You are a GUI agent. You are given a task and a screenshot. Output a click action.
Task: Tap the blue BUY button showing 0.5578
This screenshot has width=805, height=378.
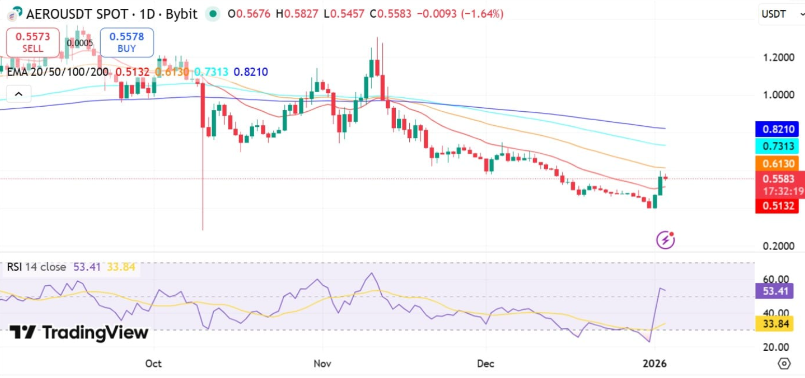tap(127, 42)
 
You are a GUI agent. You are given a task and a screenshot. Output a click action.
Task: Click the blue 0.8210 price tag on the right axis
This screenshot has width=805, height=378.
tap(779, 129)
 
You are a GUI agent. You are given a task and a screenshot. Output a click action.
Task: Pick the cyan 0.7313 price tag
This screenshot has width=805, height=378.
tap(779, 147)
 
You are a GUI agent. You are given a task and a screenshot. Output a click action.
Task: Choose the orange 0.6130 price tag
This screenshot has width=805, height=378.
tap(779, 164)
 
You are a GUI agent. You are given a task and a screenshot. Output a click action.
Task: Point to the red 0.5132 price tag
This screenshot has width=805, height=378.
tap(779, 207)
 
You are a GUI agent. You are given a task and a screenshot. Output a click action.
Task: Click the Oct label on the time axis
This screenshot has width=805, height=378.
tap(154, 363)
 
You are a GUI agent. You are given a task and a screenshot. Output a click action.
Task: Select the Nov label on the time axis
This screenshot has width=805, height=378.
tap(322, 363)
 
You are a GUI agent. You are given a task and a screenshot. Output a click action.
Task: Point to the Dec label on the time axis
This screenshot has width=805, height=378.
tap(487, 363)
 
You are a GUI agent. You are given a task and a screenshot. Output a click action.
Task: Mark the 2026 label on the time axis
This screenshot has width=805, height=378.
tap(655, 363)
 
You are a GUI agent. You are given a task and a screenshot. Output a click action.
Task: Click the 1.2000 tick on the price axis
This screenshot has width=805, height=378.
tap(779, 57)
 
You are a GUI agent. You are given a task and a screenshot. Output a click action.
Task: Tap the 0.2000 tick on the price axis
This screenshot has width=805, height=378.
tap(779, 246)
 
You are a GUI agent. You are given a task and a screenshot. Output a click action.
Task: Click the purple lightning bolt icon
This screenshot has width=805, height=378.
tap(665, 240)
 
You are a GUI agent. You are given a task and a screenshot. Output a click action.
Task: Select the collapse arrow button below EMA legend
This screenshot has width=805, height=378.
tap(19, 94)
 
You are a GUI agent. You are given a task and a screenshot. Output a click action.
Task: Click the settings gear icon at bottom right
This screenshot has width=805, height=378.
tap(784, 363)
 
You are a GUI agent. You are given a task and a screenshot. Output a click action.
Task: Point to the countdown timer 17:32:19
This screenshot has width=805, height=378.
tap(783, 192)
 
